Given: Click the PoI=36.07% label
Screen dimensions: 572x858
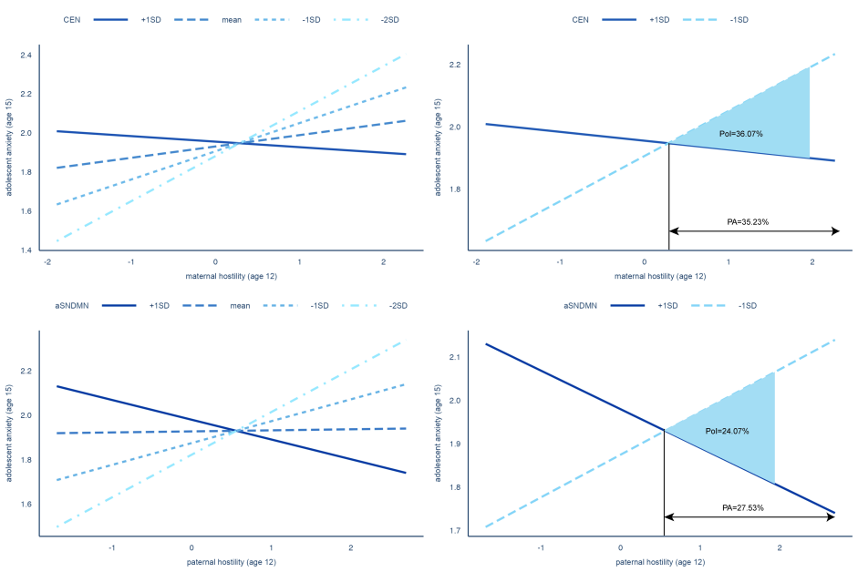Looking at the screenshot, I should tap(741, 134).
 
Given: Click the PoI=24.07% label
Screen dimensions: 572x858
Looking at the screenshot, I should tap(728, 431).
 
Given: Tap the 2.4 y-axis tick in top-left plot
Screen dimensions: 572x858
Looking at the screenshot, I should tap(26, 56).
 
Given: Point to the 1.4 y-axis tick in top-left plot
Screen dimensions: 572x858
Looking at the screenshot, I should tap(26, 250).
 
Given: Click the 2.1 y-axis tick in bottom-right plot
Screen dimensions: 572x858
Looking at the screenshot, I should tap(455, 358).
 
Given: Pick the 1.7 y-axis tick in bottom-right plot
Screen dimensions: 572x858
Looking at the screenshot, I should tap(455, 530).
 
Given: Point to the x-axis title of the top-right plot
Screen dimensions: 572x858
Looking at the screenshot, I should tap(659, 276).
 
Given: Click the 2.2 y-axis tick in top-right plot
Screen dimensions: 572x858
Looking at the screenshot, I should tap(455, 65).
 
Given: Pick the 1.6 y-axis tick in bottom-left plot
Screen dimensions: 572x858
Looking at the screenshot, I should tap(26, 504).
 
